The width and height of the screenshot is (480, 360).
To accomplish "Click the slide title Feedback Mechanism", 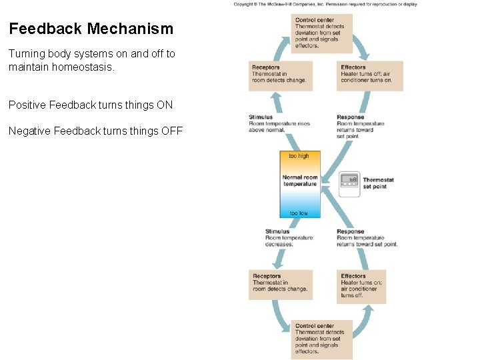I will [x=91, y=29].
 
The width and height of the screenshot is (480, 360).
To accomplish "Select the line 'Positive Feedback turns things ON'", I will [x=91, y=105].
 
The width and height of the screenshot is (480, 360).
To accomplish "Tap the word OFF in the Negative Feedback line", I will [x=171, y=131].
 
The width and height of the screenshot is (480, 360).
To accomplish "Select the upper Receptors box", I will [x=280, y=76].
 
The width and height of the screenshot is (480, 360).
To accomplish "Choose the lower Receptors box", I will [x=280, y=285].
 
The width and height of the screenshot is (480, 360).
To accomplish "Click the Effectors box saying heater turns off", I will [x=366, y=76].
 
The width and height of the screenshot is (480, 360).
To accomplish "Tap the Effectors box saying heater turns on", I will [x=362, y=286].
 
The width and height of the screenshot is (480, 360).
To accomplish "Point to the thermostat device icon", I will [x=349, y=184].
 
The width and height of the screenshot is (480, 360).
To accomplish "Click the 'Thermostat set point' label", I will [x=378, y=183].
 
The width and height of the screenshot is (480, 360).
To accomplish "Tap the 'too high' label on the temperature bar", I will [x=299, y=156].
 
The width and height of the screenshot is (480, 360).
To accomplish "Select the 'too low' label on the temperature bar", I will [x=299, y=213].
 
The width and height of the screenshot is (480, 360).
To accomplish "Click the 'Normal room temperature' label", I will [x=300, y=181].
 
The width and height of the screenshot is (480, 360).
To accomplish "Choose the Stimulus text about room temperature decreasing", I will [x=289, y=238].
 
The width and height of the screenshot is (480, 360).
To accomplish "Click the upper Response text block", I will [x=361, y=127].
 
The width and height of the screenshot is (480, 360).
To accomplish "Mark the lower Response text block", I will [x=367, y=238].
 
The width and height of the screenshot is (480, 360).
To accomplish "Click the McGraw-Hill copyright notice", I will [x=325, y=4].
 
